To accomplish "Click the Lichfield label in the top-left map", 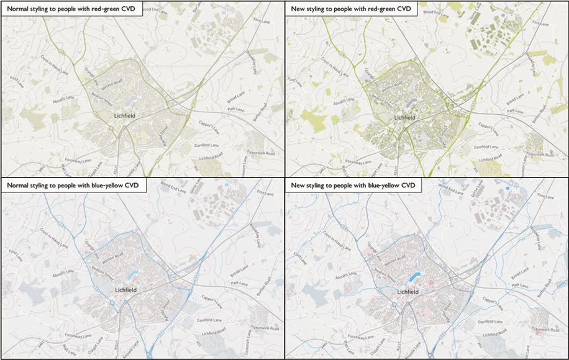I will [125, 115].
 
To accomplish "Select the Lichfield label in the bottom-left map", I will [125, 290].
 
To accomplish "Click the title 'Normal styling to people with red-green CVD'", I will [72, 9].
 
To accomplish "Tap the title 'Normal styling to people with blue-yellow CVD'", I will [73, 185].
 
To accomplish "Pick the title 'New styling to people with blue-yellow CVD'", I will [352, 185].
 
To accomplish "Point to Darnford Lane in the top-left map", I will [204, 145].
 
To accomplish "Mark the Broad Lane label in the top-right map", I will [516, 98].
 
